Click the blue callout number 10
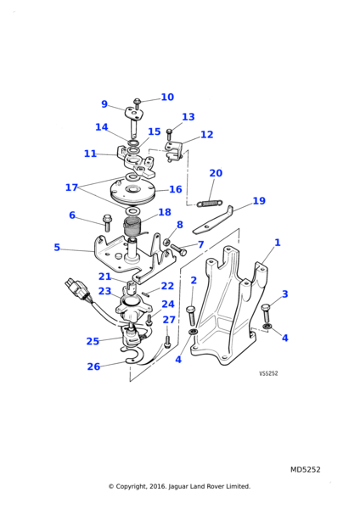tap(167, 97)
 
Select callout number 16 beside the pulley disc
tap(176, 189)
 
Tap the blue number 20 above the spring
tap(216, 173)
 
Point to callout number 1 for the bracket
tap(277, 243)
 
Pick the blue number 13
tap(188, 117)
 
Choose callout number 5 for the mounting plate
tap(57, 248)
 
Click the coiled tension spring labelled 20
tap(210, 204)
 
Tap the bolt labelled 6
tap(107, 222)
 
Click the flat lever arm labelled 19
tap(213, 220)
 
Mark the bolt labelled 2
tap(191, 316)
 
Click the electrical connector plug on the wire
tap(75, 288)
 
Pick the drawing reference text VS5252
tap(268, 373)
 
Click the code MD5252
tap(305, 469)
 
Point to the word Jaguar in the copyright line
tap(178, 487)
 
